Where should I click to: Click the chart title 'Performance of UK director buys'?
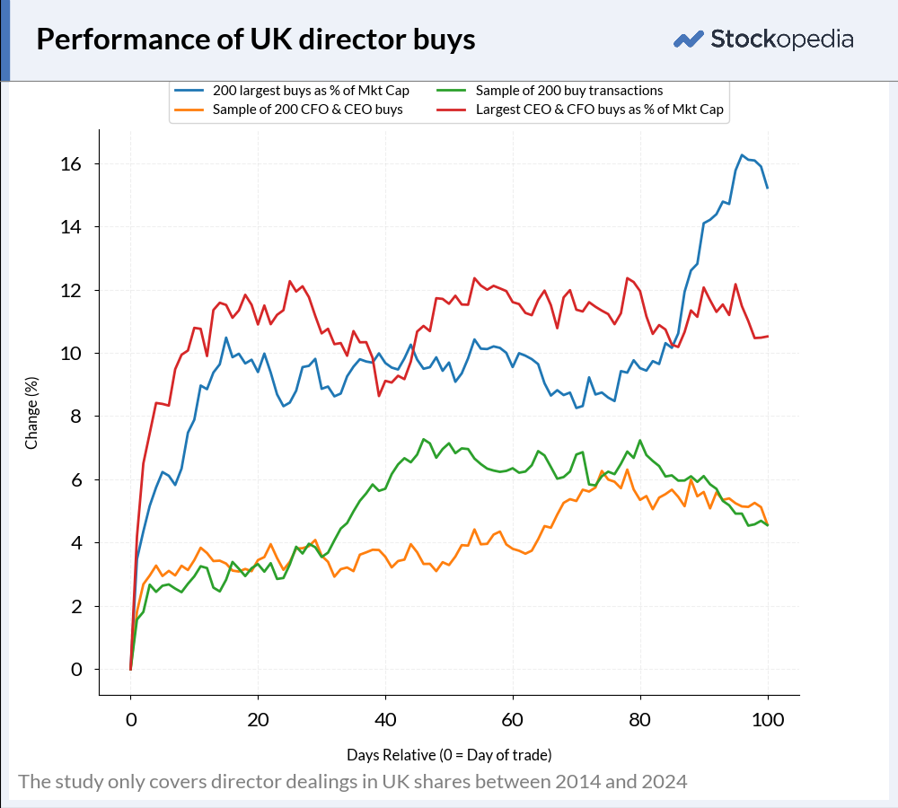pos(255,40)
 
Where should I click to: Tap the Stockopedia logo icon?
pos(689,40)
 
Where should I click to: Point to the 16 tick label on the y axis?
pos(71,164)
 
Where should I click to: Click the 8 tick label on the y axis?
pos(76,417)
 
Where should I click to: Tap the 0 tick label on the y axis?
pos(76,669)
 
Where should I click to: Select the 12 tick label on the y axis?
pos(71,290)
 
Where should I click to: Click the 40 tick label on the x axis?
pos(385,720)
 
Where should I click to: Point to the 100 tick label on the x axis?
pos(768,720)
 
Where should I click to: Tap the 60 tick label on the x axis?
pos(513,720)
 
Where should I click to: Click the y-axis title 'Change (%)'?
pos(31,413)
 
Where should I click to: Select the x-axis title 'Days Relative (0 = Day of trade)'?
pos(449,755)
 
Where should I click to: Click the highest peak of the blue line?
pos(743,155)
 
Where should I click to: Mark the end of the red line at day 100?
pos(768,336)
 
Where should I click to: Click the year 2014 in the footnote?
pos(575,782)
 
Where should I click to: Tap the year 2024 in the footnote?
pos(666,782)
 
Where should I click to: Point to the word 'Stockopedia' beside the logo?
pos(782,40)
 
